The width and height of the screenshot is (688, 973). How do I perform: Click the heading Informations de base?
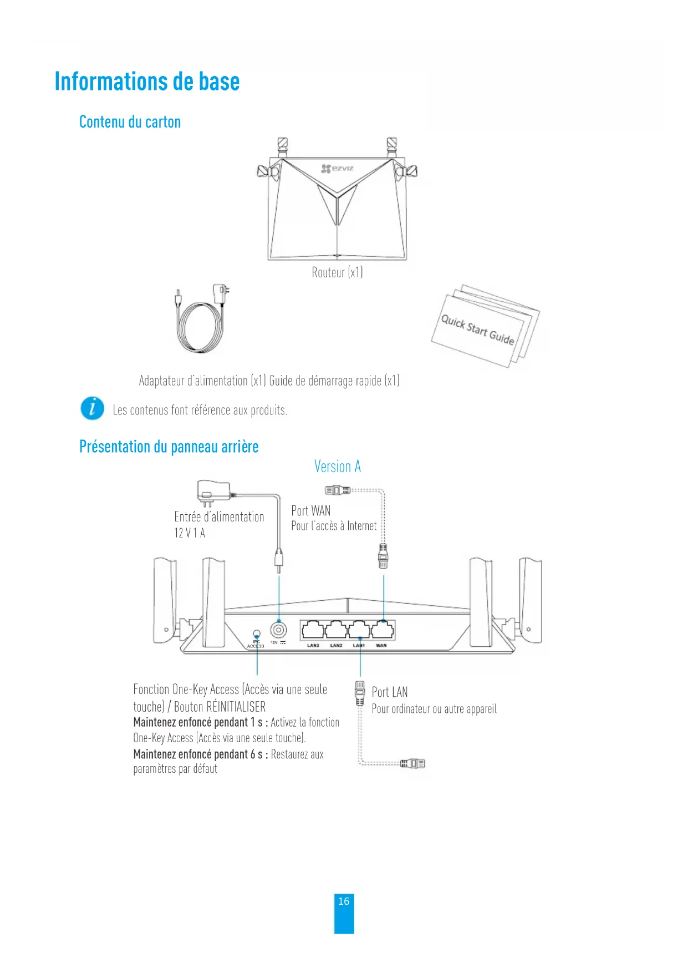(x=147, y=82)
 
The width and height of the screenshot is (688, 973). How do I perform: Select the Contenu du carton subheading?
(x=130, y=122)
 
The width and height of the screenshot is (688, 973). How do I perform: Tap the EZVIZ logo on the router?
(x=337, y=168)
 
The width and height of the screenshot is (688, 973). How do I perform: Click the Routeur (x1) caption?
(x=337, y=272)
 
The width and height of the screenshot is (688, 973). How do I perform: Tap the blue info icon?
(x=92, y=409)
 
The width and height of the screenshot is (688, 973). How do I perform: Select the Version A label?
(x=337, y=467)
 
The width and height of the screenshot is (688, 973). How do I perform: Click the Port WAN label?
(x=310, y=510)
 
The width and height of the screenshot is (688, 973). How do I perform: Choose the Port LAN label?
(x=389, y=692)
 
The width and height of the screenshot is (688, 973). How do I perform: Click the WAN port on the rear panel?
(x=383, y=630)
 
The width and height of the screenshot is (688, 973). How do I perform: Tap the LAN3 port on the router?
(x=313, y=630)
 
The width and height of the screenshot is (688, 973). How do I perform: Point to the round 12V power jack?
(x=278, y=630)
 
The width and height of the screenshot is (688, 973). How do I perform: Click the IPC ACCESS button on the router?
(x=256, y=633)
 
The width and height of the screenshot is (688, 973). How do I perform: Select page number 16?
(x=344, y=901)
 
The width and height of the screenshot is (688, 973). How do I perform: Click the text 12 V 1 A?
(x=190, y=533)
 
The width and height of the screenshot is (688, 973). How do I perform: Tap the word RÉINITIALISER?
(x=236, y=707)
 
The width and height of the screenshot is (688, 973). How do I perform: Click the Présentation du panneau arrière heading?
(x=169, y=447)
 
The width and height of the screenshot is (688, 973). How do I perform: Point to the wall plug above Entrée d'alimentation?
(x=213, y=492)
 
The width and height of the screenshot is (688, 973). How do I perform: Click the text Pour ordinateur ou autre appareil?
(x=434, y=709)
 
